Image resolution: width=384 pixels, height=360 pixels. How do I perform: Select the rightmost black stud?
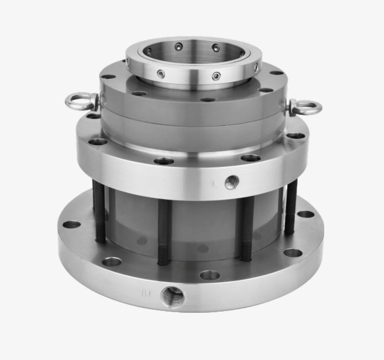click(290, 207)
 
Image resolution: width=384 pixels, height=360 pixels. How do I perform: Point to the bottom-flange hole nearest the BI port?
click(210, 275)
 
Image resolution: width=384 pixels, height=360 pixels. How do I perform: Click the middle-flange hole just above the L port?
click(250, 158)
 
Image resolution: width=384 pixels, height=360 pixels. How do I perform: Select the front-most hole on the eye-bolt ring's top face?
click(208, 100)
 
